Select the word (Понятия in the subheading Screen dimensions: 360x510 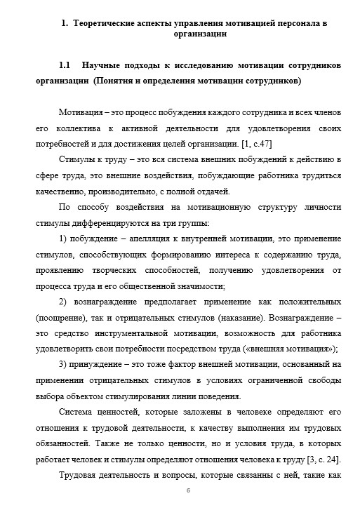[x=115, y=81]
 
